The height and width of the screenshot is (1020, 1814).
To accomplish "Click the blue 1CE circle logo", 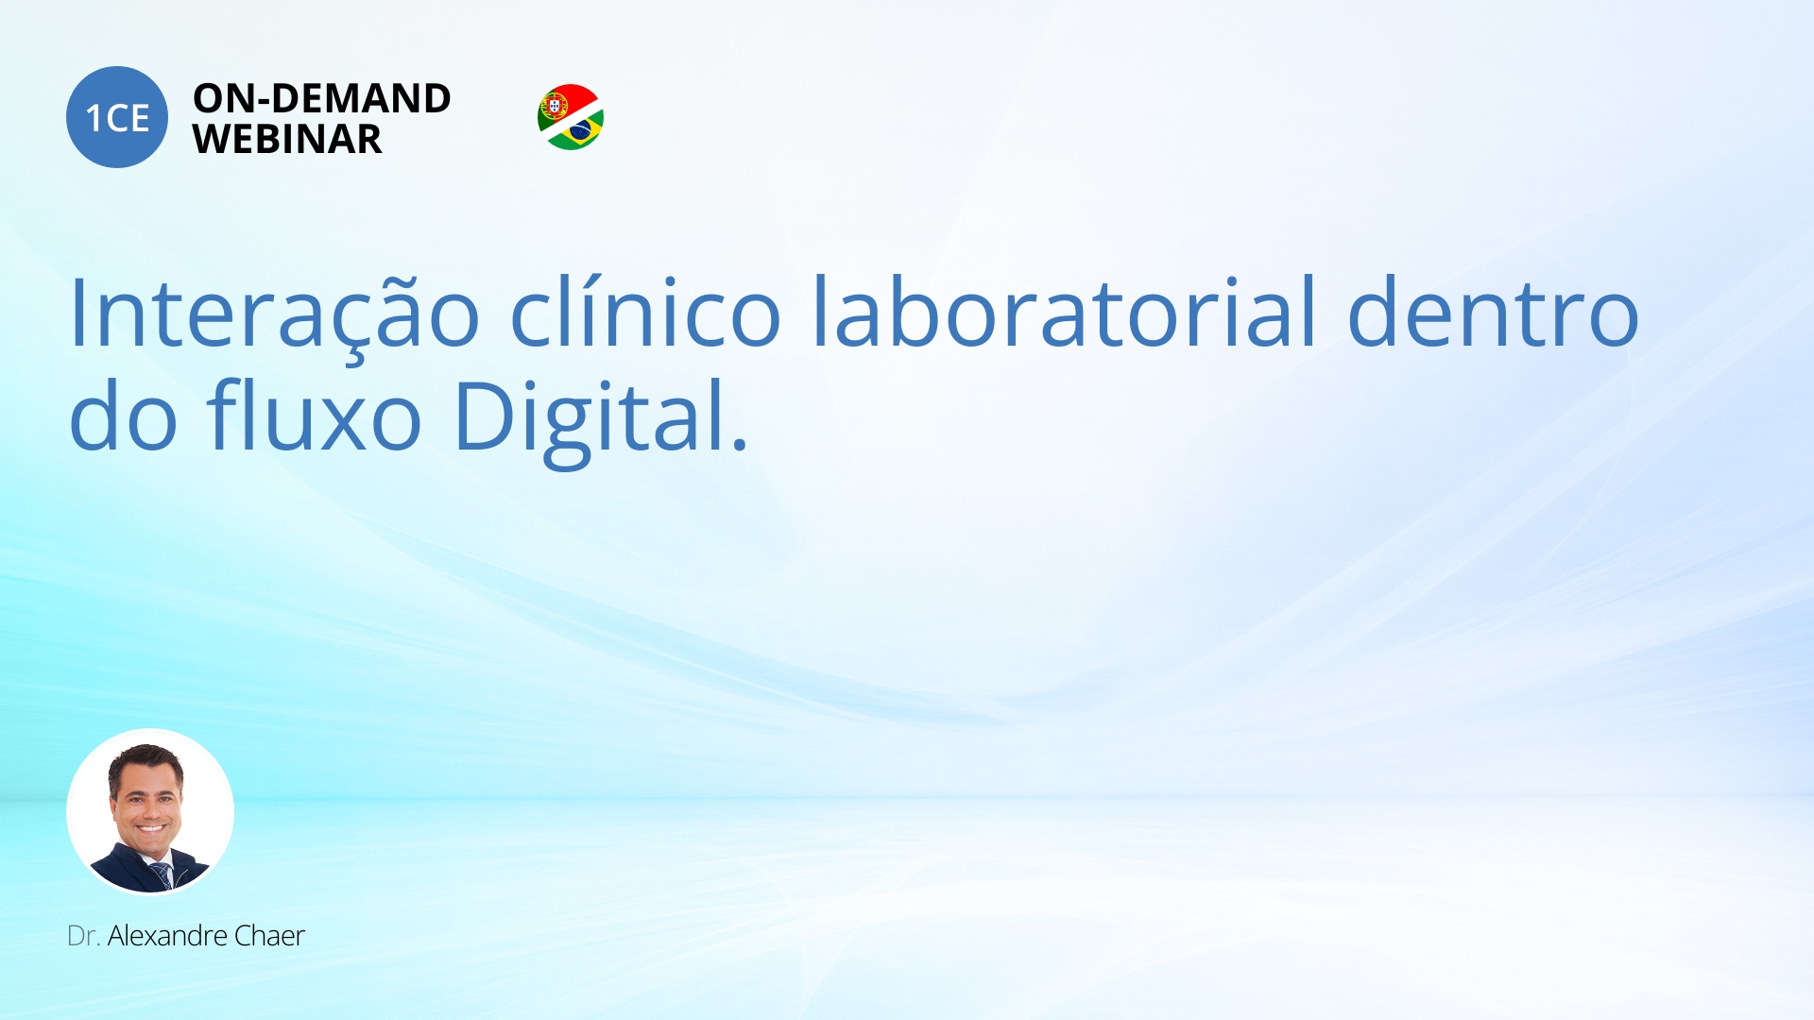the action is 117,117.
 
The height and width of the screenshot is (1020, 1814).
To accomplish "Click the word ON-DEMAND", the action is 321,98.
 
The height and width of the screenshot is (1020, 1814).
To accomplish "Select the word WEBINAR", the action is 287,140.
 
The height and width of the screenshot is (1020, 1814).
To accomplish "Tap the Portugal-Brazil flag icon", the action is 571,117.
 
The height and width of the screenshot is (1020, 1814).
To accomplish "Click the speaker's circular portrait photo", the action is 150,811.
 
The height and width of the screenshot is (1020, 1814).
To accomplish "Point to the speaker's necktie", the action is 162,875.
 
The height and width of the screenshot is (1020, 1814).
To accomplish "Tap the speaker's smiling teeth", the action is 151,828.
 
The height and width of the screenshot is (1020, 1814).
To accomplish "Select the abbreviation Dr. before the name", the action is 83,936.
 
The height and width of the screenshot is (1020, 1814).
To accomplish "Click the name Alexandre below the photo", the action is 167,936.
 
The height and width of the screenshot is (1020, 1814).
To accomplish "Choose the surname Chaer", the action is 269,936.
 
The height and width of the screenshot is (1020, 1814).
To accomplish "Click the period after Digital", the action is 740,444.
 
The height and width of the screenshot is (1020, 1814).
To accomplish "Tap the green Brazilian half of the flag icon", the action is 578,132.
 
